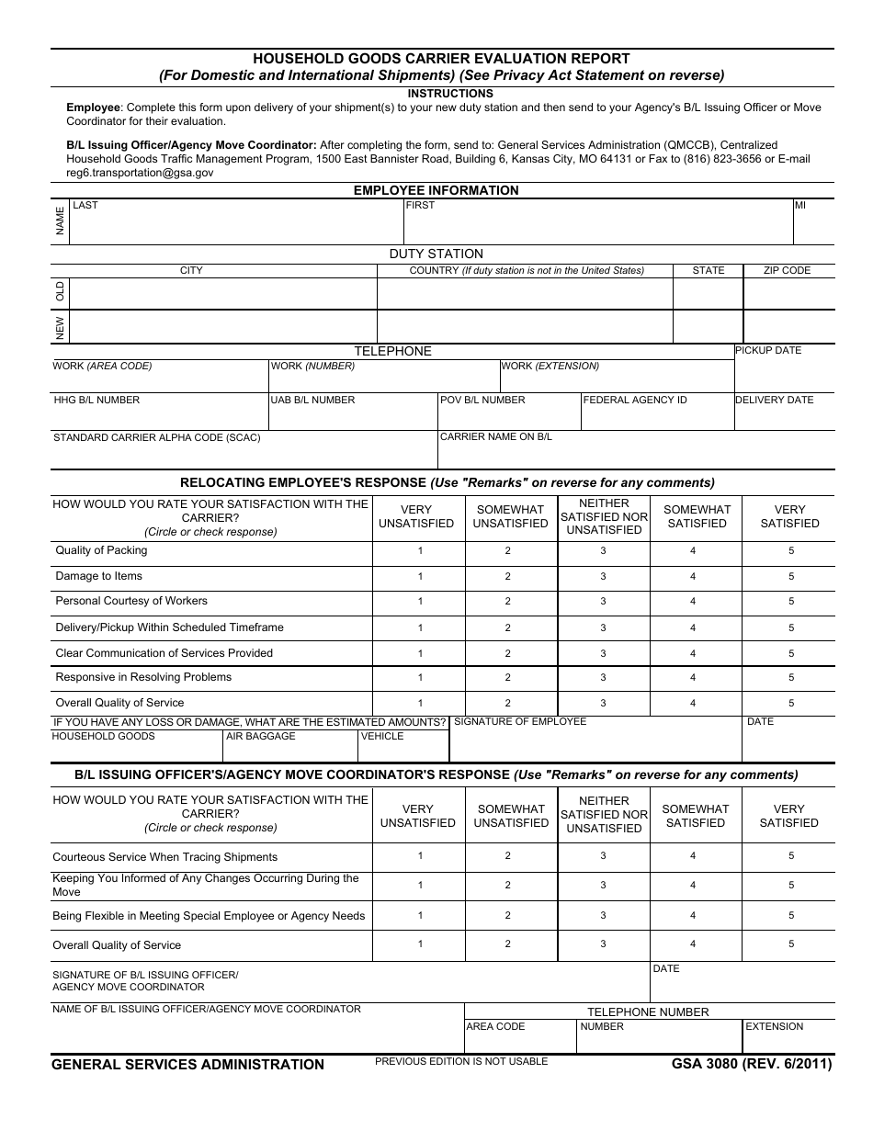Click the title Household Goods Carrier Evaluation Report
coord(442,59)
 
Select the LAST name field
coord(236,226)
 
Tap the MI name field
coord(813,226)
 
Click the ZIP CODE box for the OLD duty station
coord(788,294)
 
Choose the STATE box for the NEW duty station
coord(708,327)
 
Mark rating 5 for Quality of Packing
coord(790,551)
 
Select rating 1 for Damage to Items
coord(420,577)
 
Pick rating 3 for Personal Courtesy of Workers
coord(604,602)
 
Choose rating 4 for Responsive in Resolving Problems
coord(693,678)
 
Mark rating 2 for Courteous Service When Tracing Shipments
coord(507,856)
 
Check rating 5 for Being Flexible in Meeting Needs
coord(790,916)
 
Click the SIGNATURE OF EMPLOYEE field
coord(595,745)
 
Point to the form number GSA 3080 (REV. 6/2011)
coord(751,1065)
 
